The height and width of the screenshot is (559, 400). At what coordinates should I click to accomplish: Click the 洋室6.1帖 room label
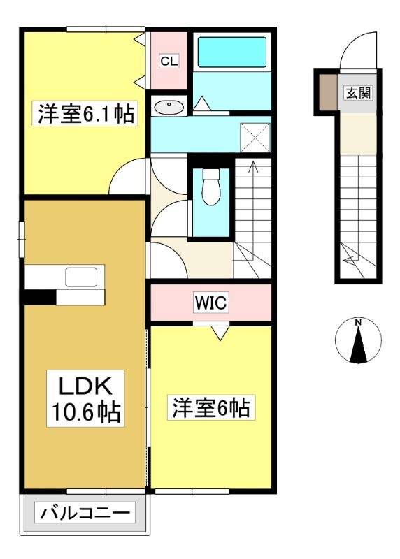pyautogui.click(x=85, y=114)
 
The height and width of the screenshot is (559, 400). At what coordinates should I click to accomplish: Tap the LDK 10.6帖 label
pyautogui.click(x=85, y=398)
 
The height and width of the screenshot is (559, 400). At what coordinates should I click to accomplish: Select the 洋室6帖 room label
pyautogui.click(x=211, y=407)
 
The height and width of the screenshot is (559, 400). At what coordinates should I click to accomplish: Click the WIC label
pyautogui.click(x=211, y=303)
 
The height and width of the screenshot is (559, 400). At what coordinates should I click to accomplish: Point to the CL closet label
pyautogui.click(x=169, y=61)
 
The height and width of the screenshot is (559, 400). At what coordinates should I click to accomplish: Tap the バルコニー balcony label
pyautogui.click(x=85, y=513)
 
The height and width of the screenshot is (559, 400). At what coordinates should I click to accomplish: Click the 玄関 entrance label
pyautogui.click(x=358, y=93)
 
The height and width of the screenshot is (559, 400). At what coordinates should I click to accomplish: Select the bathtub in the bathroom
pyautogui.click(x=232, y=52)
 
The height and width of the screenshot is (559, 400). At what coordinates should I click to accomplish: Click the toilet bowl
pyautogui.click(x=211, y=187)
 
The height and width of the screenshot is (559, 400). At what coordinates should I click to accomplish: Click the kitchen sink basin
pyautogui.click(x=81, y=277)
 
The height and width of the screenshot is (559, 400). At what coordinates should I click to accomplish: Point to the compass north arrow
pyautogui.click(x=358, y=343)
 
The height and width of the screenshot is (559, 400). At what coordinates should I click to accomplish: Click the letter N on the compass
pyautogui.click(x=357, y=322)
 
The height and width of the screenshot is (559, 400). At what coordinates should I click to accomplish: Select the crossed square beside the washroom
pyautogui.click(x=255, y=137)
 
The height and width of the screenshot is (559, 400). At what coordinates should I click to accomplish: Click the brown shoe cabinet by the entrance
pyautogui.click(x=328, y=92)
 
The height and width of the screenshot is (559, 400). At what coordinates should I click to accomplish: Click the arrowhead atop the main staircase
pyautogui.click(x=253, y=164)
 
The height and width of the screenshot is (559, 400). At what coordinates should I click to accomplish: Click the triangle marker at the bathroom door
pyautogui.click(x=202, y=103)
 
